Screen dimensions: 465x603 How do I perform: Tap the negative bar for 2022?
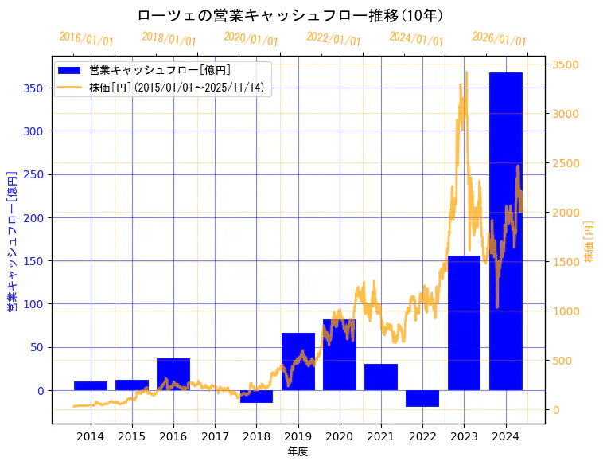(x=422, y=398)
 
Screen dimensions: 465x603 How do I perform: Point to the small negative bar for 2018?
(x=256, y=397)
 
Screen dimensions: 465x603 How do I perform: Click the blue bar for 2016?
(x=173, y=374)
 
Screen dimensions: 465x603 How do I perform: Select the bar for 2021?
(x=381, y=377)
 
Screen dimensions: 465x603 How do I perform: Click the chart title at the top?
(x=290, y=16)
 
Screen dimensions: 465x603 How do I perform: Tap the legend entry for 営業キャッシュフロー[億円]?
(x=160, y=71)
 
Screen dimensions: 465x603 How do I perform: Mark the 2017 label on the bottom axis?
(x=215, y=436)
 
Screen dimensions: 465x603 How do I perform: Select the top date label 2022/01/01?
(x=333, y=39)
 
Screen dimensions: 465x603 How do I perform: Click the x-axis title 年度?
(x=298, y=451)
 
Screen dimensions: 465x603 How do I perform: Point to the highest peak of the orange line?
(x=466, y=72)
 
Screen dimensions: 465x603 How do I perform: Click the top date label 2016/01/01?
(x=86, y=39)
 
